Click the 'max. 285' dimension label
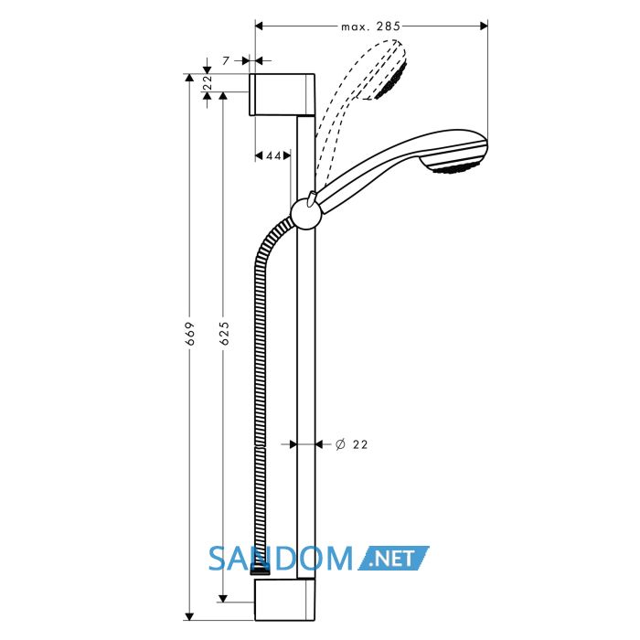point(370,27)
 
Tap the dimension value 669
point(190,334)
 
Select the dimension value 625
point(225,334)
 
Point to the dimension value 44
point(273,155)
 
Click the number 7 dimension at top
point(226,61)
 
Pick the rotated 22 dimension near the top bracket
point(208,82)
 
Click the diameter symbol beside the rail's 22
point(340,444)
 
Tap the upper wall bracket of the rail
point(282,95)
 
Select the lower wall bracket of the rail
point(284,600)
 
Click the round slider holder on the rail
point(306,214)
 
